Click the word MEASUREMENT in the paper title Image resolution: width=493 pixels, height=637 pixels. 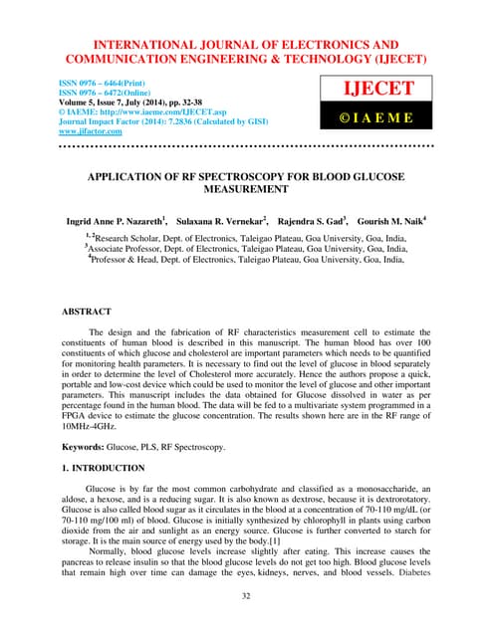tap(245, 186)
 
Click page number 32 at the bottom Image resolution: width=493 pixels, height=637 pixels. tap(245, 594)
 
